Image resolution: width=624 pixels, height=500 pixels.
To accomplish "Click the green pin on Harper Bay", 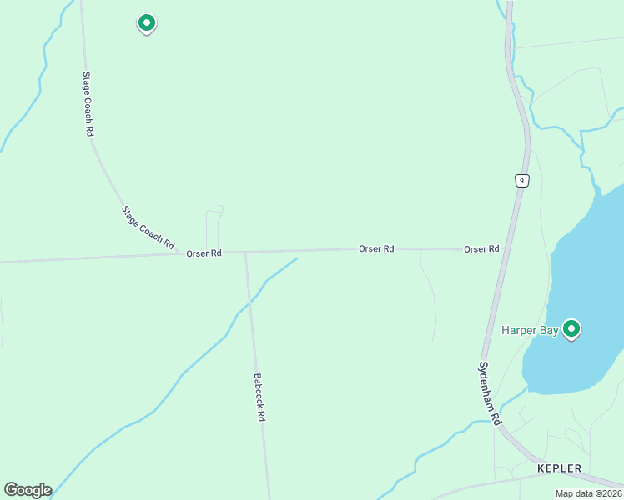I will pos(571,329).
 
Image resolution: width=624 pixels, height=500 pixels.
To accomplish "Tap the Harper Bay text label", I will pos(530,331).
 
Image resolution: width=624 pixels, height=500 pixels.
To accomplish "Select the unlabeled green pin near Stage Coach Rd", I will pos(147,22).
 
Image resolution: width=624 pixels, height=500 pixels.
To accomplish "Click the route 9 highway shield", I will pos(521,181).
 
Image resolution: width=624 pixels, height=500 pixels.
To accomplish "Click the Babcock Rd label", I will pos(259,396).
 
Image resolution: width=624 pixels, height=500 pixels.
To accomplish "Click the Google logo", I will pos(28,490).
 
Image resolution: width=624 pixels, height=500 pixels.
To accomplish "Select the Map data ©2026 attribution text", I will pos(588,493).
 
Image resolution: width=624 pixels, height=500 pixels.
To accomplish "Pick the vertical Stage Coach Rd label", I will pos(87,104).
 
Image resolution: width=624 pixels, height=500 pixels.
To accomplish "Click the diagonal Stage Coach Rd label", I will pos(148,227).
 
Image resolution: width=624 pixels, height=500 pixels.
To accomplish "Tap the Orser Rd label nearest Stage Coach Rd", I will pos(204,252).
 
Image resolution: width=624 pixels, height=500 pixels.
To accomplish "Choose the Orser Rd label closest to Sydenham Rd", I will pos(481,249).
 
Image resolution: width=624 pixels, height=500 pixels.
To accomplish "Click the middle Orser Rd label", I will pos(376,248).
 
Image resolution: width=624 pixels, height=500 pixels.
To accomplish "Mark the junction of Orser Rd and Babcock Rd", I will pos(245,252).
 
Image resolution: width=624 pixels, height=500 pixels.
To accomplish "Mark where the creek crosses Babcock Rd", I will pos(249,303).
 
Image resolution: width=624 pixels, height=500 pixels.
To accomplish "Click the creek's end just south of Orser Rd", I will pos(296,259).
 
